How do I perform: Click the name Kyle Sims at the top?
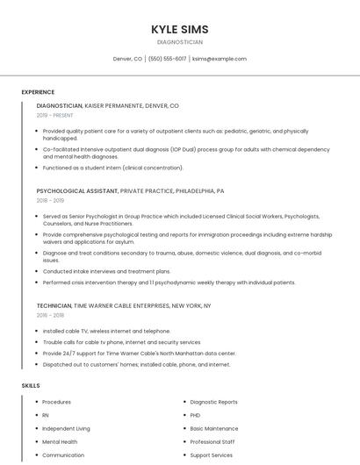[179, 29]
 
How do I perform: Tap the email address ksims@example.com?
[219, 59]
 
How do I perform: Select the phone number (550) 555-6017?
[167, 59]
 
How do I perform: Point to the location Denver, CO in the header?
[127, 59]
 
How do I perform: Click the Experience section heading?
[38, 91]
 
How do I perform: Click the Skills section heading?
[31, 385]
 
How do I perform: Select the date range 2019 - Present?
[54, 115]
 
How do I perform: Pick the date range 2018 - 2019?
[50, 200]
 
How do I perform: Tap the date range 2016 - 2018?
[50, 315]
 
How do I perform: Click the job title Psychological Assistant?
[76, 190]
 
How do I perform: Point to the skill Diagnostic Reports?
[213, 402]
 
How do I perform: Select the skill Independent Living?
[66, 428]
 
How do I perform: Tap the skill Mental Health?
[60, 441]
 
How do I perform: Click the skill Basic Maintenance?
[213, 428]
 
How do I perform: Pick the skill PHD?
[195, 415]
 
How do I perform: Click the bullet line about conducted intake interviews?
[106, 271]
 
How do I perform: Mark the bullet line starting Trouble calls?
[121, 342]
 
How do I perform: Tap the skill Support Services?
[212, 455]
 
